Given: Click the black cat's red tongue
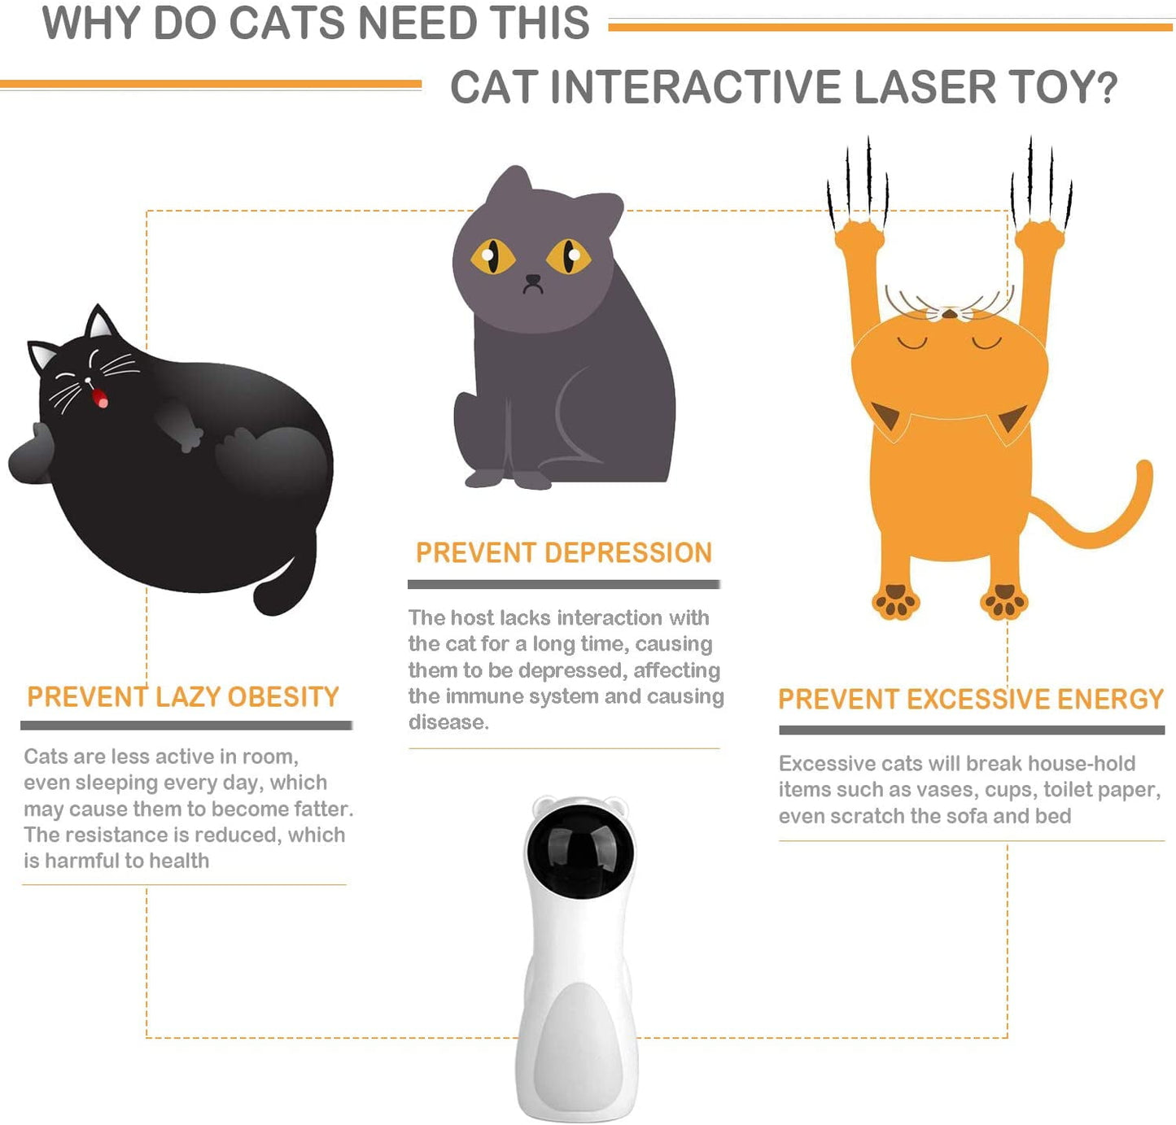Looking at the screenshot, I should pyautogui.click(x=100, y=398).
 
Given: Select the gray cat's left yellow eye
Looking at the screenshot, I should pyautogui.click(x=492, y=256).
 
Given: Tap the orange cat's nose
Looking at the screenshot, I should pyautogui.click(x=949, y=313).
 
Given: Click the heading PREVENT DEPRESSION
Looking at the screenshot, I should pyautogui.click(x=563, y=553).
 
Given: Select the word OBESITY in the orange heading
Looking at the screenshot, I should pyautogui.click(x=282, y=697).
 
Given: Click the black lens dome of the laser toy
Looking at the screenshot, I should pyautogui.click(x=579, y=850).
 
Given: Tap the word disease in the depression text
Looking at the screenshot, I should pyautogui.click(x=448, y=722).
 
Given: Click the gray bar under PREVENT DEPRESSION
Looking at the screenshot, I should pyautogui.click(x=563, y=584).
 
